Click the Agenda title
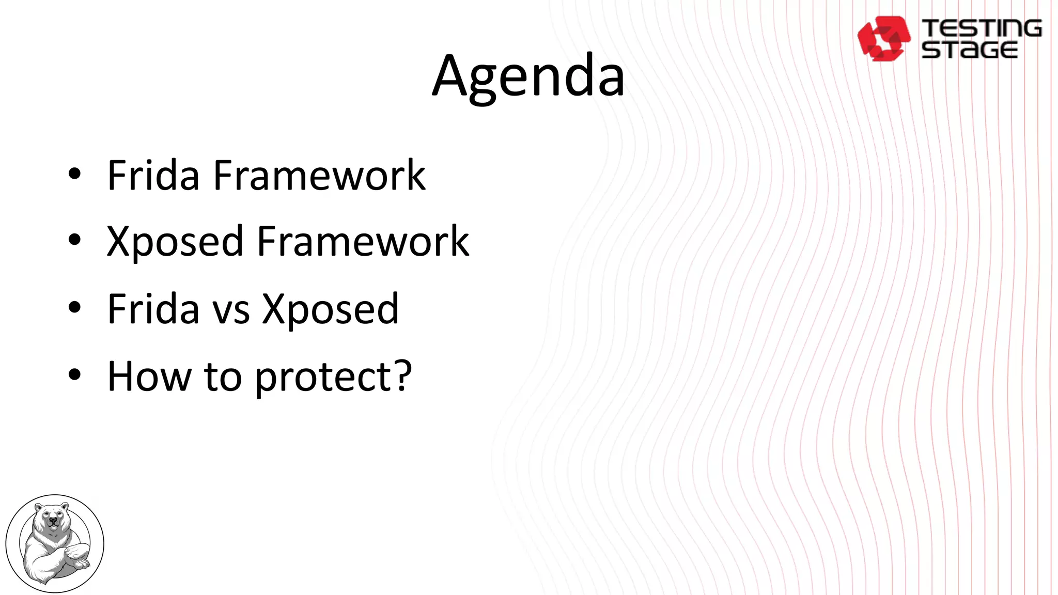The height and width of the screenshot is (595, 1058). coord(528,76)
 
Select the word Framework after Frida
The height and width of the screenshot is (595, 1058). coord(319,176)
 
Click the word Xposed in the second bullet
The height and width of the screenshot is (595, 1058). coord(175,242)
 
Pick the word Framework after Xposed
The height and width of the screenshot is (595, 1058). coord(363,242)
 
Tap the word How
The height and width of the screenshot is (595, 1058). coord(149,377)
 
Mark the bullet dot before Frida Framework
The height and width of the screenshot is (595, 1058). coord(74,175)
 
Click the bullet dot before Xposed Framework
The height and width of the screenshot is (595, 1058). coord(74,240)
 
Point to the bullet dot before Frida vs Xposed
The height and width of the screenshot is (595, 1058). coord(74,307)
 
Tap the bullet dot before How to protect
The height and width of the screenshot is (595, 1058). coord(74,374)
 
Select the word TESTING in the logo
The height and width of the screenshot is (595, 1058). coord(982,28)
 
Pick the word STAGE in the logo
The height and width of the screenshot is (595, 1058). coord(970,50)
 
